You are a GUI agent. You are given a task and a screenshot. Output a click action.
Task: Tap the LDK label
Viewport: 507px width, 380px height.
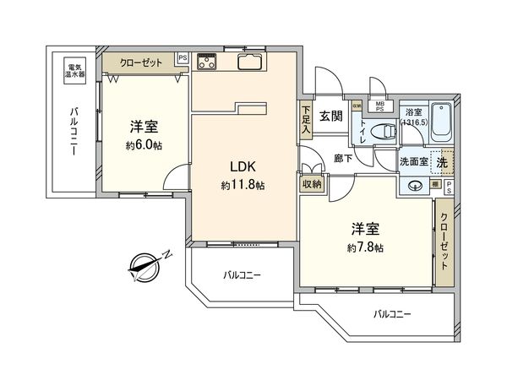pyautogui.click(x=235, y=167)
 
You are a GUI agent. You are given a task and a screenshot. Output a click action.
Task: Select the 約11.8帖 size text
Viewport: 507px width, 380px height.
pyautogui.click(x=243, y=185)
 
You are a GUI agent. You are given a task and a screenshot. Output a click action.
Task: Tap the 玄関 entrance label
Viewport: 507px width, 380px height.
pyautogui.click(x=330, y=117)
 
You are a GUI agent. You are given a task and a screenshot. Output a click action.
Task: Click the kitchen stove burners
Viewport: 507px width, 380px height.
pyautogui.click(x=208, y=61)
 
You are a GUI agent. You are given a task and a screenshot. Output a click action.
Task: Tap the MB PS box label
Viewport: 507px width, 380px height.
pyautogui.click(x=380, y=106)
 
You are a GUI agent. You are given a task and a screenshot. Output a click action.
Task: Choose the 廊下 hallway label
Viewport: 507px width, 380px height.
pyautogui.click(x=343, y=158)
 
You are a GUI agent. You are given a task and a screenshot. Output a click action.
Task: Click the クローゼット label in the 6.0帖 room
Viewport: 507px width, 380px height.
pyautogui.click(x=140, y=62)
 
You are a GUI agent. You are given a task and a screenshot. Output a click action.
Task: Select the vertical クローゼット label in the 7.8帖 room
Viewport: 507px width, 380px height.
pyautogui.click(x=444, y=246)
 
